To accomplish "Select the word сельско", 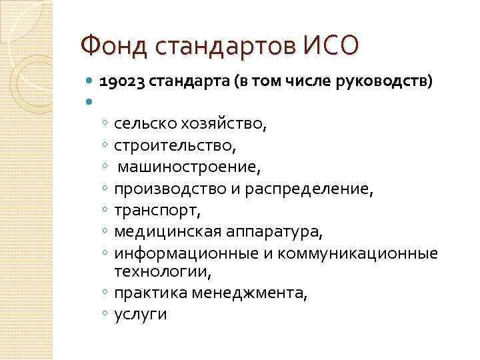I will [x=143, y=123].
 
